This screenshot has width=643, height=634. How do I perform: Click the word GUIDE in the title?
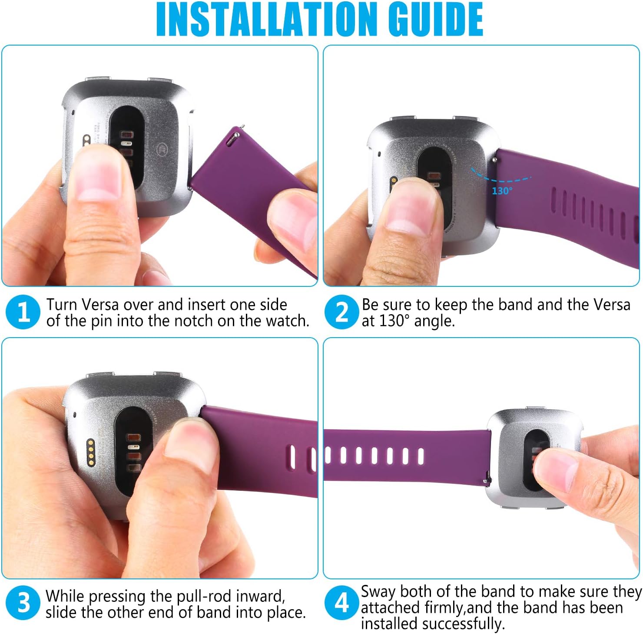434,20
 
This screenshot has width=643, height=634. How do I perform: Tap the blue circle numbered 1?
23,312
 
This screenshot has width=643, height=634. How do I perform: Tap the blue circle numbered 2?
341,312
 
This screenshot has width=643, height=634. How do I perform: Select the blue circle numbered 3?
23,603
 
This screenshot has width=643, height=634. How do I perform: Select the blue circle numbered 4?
341,603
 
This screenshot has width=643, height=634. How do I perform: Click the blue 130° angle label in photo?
502,191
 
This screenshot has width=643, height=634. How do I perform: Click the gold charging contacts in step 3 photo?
91,451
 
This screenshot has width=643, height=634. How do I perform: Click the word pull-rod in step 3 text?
201,596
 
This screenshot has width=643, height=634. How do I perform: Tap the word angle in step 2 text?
434,321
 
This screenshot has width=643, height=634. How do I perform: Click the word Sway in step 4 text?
378,591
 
